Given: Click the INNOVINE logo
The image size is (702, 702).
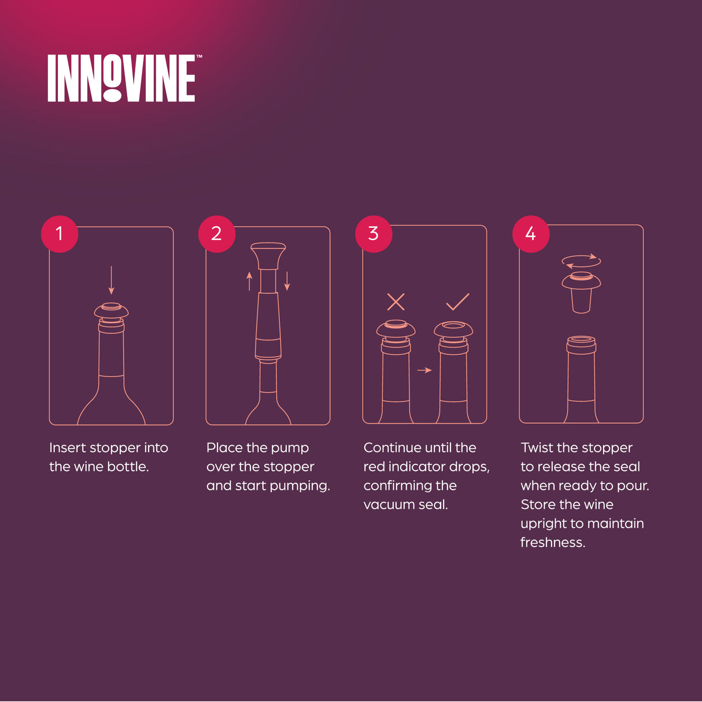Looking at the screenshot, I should coord(121,78).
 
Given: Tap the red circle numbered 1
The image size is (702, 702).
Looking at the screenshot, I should coord(59,234).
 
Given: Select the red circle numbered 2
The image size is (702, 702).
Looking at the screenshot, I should coord(216,234).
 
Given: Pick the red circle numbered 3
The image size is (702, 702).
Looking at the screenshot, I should coord(374,234).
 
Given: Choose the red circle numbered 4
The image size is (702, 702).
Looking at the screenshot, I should coord(530,234).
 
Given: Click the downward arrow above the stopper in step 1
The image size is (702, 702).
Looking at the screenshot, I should coord(112,280).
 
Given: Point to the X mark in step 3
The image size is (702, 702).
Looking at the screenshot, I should coord(396,301).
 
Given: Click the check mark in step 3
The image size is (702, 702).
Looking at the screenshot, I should coord(457,301).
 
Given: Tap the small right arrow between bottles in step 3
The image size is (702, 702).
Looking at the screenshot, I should coord(424,370).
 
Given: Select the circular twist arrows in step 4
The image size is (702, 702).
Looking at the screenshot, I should coord(581,261).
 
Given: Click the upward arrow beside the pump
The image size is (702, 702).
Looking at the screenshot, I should coord(249,281).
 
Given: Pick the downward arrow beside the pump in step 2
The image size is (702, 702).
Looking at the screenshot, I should coord(287,281).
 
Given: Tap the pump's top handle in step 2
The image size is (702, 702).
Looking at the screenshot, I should coord(268,255).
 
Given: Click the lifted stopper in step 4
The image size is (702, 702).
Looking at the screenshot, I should coord(581,292).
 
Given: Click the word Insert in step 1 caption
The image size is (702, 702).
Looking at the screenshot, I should coord(67,448).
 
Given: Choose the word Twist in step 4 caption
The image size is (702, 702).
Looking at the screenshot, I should coord(537,448).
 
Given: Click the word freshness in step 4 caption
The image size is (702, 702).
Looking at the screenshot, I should coord(552,542).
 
